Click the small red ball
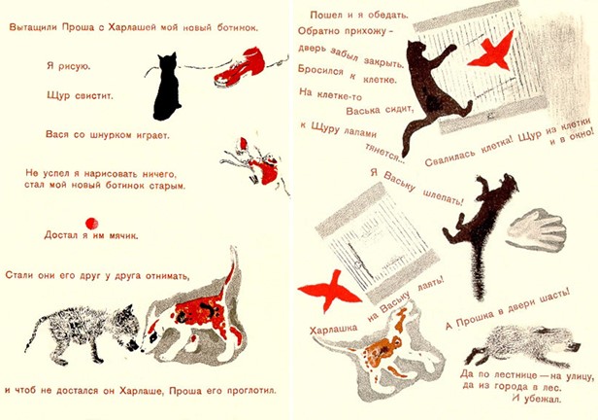[91, 224]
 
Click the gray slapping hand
[536, 229]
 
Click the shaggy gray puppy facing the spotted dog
[82, 332]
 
